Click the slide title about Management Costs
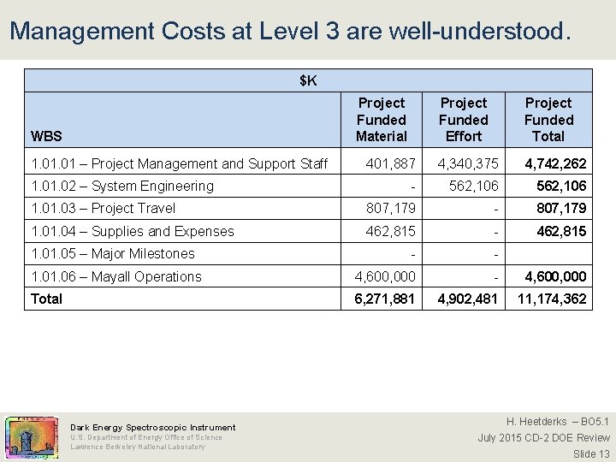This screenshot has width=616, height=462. (288, 32)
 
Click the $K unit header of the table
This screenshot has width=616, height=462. (308, 81)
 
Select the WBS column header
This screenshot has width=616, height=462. (46, 136)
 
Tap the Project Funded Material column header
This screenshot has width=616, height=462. (382, 120)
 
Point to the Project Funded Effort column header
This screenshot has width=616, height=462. (464, 120)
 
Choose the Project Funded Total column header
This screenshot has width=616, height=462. (548, 120)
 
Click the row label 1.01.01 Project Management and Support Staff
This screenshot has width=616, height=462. (179, 163)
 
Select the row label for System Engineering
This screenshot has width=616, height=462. (122, 186)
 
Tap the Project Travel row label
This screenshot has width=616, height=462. (103, 208)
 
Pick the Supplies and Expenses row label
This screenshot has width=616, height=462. (132, 231)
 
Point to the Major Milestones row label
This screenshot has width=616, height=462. (112, 253)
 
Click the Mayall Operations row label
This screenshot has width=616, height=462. (115, 276)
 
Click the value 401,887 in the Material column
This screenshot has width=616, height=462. (390, 163)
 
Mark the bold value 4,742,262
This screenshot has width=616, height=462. (555, 163)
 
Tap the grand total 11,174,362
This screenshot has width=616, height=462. (551, 299)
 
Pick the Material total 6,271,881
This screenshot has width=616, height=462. (385, 299)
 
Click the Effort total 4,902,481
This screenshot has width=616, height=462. (468, 299)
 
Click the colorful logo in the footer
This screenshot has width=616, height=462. (32, 436)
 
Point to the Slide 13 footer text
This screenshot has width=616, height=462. (591, 453)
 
